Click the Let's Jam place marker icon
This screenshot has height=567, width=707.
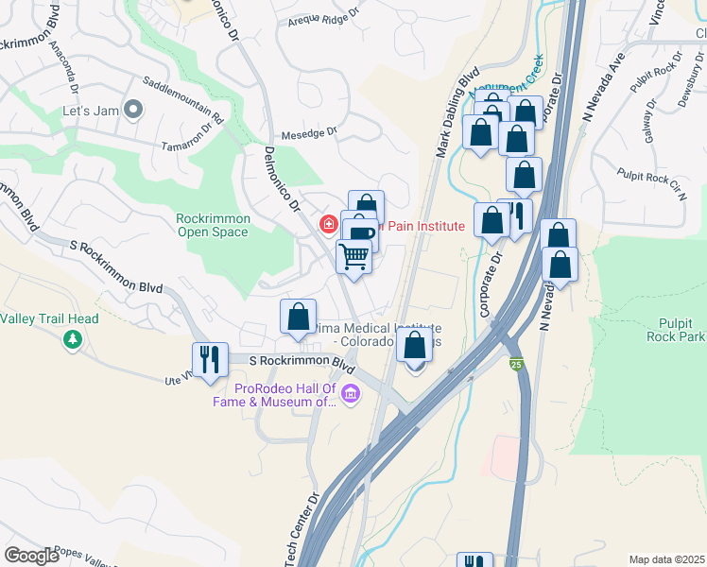(x=134, y=111)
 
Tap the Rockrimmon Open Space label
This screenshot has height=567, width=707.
(x=214, y=226)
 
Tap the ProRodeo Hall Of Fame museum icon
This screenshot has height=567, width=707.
(x=351, y=393)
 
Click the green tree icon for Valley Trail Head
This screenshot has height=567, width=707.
(x=72, y=338)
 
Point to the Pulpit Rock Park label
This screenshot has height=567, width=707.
(x=676, y=330)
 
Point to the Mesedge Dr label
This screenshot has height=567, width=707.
(x=308, y=133)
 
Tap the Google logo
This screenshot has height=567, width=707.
(x=31, y=556)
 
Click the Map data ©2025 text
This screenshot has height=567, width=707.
(x=666, y=559)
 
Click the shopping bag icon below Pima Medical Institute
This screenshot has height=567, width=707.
(x=414, y=346)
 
